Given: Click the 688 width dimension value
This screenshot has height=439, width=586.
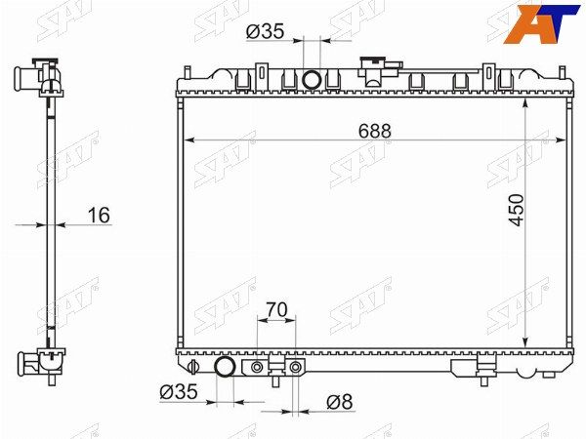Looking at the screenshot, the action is point(374,131).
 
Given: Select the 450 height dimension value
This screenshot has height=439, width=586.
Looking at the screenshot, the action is point(517,210).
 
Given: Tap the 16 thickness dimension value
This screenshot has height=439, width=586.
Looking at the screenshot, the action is point(99,216).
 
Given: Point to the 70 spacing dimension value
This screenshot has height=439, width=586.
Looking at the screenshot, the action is point(276,309).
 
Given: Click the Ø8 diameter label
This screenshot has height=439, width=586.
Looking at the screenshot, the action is point(339,402).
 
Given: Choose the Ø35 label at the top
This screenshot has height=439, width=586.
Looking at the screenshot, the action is point(265,31).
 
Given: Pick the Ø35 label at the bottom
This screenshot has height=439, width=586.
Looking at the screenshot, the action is point(179,392).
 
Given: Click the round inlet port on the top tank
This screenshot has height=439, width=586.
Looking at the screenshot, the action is point(312,80).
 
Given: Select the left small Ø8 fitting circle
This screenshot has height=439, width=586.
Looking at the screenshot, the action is point(257,368).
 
